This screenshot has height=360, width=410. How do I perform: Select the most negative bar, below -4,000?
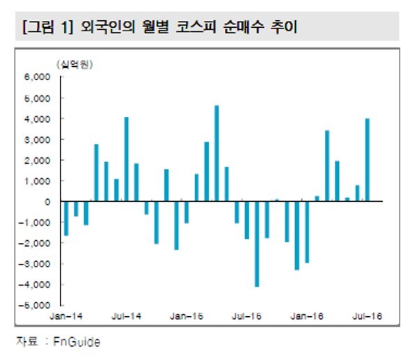[257, 244]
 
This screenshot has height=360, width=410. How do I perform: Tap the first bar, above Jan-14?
[66, 219]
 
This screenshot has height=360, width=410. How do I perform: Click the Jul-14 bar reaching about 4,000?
[126, 159]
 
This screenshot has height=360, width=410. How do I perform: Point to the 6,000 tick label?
[37, 77]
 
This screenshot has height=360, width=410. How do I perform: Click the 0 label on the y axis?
[47, 202]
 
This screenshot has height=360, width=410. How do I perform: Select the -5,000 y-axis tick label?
[34, 305]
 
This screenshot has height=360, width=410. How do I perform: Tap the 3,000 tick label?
[37, 140]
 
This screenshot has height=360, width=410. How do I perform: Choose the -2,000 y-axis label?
[34, 243]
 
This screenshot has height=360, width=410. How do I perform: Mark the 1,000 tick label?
[37, 181]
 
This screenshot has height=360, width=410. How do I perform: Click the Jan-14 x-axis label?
[66, 316]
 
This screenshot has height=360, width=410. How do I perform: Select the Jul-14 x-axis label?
[126, 316]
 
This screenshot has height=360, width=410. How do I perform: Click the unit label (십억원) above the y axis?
[74, 64]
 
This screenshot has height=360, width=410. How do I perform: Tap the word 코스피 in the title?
[196, 27]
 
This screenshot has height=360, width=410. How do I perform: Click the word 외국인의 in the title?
[108, 27]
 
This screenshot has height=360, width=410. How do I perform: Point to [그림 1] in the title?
[48, 27]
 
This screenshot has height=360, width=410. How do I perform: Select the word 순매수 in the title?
[244, 27]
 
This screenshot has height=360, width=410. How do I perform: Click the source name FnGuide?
[77, 342]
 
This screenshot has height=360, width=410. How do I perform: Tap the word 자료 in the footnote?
[27, 341]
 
